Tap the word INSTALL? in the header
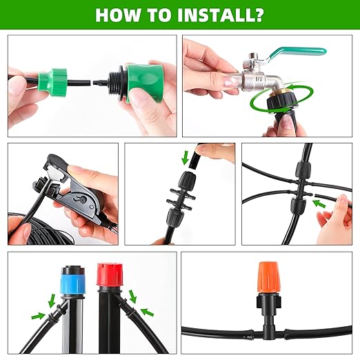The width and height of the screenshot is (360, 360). [x=220, y=14]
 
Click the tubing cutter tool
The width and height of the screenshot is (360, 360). [x=69, y=193]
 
